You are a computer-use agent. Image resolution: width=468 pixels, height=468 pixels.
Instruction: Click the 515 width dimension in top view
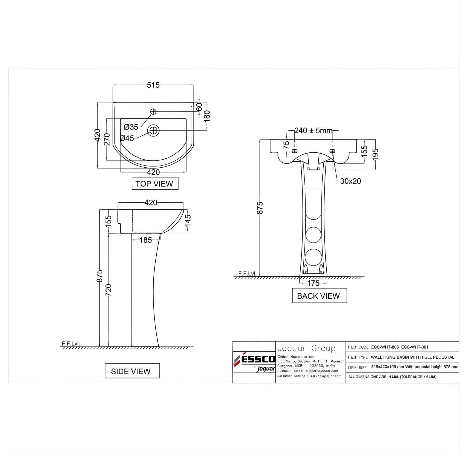tap(153, 85)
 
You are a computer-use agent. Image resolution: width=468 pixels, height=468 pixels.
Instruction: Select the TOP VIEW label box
tap(155, 184)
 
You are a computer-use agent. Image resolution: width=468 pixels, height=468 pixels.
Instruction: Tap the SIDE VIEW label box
tap(132, 371)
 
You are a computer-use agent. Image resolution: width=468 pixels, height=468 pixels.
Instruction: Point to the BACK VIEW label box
tap(319, 296)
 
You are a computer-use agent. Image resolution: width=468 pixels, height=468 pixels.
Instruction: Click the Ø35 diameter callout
tap(131, 127)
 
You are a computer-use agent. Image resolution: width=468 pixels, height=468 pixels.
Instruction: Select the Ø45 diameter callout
tap(127, 138)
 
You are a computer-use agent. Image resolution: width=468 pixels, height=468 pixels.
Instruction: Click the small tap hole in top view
tap(153, 112)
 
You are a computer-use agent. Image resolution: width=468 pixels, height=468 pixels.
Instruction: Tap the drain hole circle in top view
tap(153, 131)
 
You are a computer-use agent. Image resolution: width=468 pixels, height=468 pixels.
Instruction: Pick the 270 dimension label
tap(107, 139)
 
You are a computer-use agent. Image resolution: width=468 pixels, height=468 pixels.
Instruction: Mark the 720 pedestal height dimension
tap(108, 290)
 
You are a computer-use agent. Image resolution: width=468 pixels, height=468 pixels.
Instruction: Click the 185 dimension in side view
tap(146, 240)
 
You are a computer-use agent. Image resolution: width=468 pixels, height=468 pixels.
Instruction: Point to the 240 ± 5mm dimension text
tap(313, 131)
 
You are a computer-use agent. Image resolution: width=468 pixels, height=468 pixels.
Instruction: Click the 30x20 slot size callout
tap(350, 181)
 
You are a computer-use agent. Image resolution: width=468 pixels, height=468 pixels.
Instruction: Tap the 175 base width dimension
tap(313, 283)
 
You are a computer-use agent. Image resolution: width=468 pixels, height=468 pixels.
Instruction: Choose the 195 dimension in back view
tap(376, 155)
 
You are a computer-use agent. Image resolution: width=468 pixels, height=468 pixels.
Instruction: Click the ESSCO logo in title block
tap(254, 359)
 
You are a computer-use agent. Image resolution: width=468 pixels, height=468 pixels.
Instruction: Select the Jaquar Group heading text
tap(306, 348)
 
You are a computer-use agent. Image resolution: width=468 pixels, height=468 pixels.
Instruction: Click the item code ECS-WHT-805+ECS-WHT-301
tap(399, 347)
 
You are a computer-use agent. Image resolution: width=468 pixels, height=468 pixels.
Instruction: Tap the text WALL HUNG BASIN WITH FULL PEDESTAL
tap(412, 357)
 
